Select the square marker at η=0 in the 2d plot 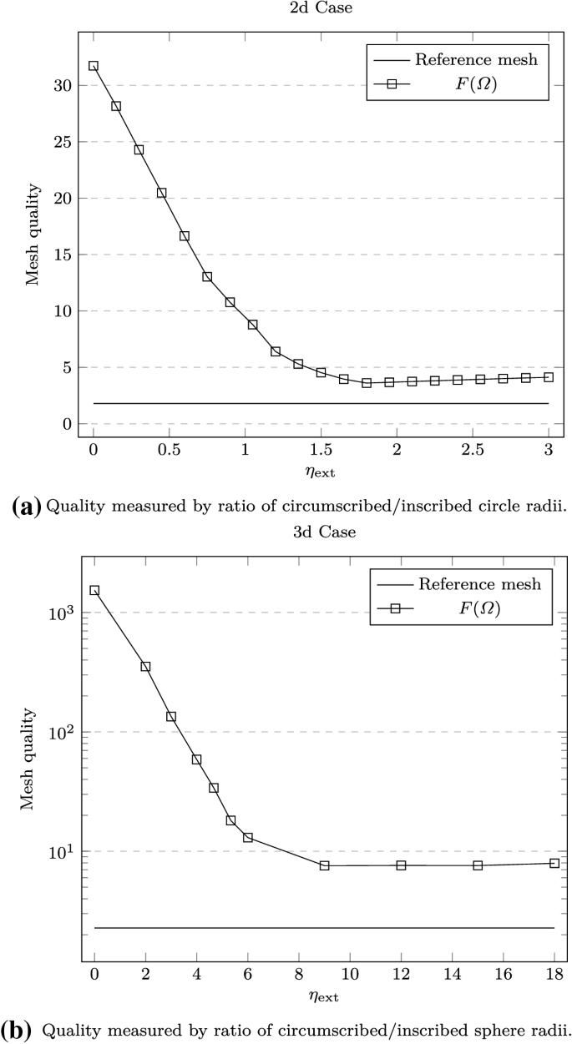94,66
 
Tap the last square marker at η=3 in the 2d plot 549,377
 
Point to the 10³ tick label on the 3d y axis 61,613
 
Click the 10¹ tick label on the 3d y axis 61,851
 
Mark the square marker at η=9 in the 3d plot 324,865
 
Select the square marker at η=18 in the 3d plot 554,863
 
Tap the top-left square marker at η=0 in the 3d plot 94,590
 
